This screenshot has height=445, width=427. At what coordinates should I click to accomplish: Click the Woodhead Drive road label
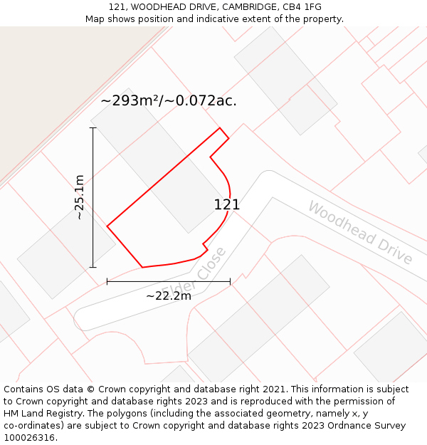[359, 233]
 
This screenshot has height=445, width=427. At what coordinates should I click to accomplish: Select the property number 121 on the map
[226, 204]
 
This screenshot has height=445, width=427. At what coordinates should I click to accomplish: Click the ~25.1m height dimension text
[80, 197]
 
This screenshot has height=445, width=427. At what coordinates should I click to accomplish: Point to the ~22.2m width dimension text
[169, 295]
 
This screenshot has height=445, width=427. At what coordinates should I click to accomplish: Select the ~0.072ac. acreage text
[201, 101]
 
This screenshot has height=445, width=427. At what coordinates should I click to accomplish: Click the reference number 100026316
[31, 438]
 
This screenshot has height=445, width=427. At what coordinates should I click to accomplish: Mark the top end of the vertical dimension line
[93, 128]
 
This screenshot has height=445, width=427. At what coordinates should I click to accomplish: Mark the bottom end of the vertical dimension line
[93, 267]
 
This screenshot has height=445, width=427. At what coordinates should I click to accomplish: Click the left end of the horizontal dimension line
[107, 281]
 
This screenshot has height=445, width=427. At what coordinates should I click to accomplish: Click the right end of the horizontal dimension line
[230, 281]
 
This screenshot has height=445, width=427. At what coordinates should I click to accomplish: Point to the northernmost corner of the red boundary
[219, 128]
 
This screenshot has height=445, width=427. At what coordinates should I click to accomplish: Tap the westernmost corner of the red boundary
[107, 226]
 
